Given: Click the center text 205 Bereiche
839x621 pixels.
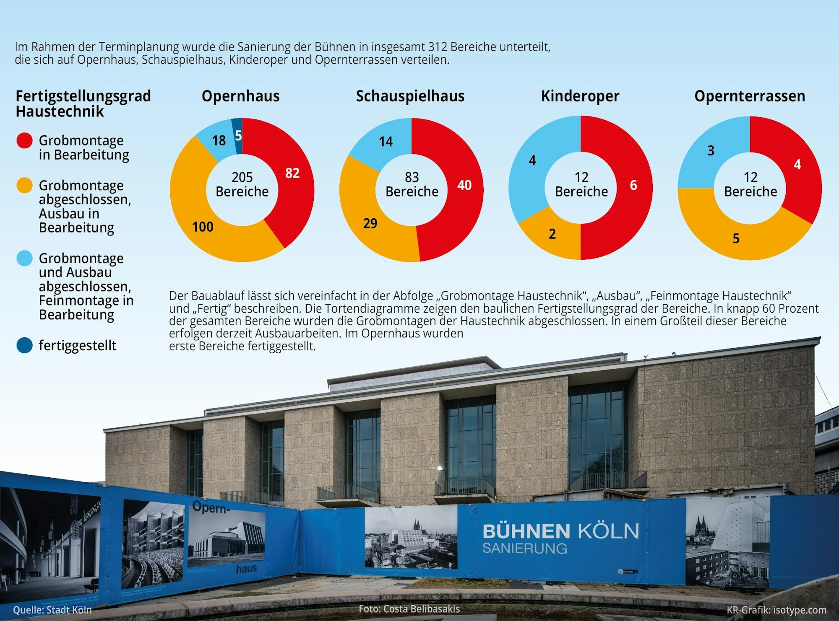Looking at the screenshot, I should pyautogui.click(x=242, y=184).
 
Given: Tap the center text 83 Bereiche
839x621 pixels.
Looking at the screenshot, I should pyautogui.click(x=412, y=184).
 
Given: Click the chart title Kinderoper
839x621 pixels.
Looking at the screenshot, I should pyautogui.click(x=580, y=96).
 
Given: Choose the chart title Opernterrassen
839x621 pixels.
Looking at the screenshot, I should pyautogui.click(x=750, y=96).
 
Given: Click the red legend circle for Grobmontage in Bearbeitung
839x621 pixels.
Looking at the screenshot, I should pyautogui.click(x=24, y=140).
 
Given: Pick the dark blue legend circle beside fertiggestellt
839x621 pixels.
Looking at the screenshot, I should pyautogui.click(x=24, y=345).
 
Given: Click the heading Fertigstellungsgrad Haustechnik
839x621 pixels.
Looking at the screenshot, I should pyautogui.click(x=83, y=103).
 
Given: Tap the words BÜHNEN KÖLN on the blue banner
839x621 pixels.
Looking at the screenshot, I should pyautogui.click(x=560, y=531).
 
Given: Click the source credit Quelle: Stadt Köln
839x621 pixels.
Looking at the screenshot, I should pyautogui.click(x=52, y=610).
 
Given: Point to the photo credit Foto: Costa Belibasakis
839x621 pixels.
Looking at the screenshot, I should pyautogui.click(x=409, y=609).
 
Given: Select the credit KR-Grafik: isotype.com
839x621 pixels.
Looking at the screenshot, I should pyautogui.click(x=776, y=610).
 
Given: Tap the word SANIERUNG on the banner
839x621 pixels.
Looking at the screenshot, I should pyautogui.click(x=524, y=548).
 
